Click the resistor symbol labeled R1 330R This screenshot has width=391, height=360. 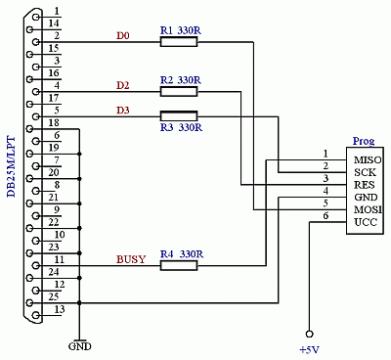(x=178, y=43)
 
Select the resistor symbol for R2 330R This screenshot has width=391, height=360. (x=178, y=92)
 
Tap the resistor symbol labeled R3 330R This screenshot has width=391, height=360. (x=178, y=116)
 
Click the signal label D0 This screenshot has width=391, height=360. (x=122, y=36)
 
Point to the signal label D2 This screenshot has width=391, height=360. (x=122, y=85)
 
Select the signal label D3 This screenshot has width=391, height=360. (x=122, y=110)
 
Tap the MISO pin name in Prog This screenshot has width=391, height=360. (x=368, y=159)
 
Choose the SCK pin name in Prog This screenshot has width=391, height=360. (x=366, y=171)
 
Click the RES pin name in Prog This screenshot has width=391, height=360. (x=366, y=184)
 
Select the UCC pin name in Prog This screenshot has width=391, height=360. (x=366, y=222)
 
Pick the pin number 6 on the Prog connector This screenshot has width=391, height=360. (x=326, y=215)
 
